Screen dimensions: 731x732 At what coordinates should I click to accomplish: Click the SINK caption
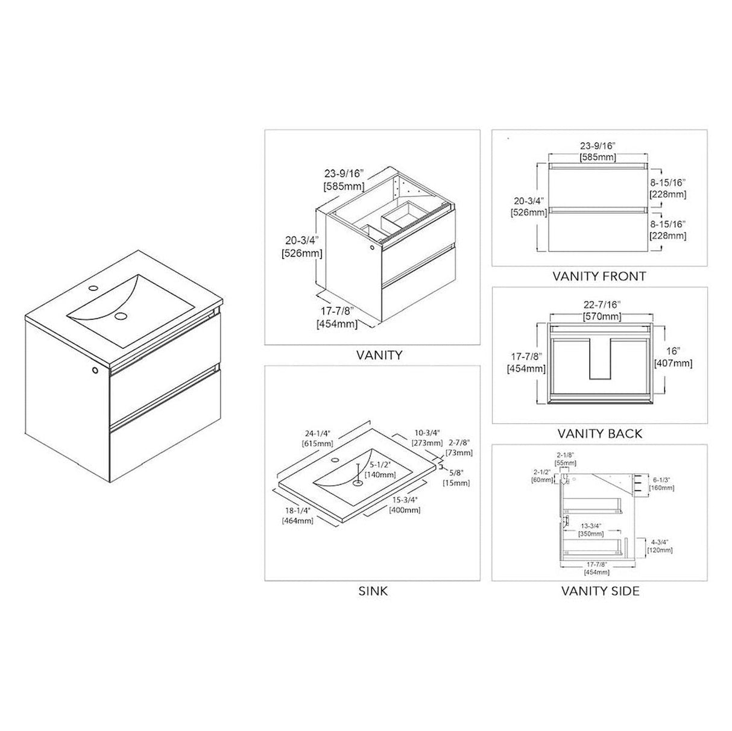[x=373, y=591]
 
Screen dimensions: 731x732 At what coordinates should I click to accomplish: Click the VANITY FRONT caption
[x=599, y=277]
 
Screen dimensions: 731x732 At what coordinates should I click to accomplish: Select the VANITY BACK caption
[x=600, y=433]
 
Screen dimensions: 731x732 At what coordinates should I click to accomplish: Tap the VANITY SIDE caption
[x=600, y=591]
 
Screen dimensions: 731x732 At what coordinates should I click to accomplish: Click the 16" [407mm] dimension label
[x=673, y=357]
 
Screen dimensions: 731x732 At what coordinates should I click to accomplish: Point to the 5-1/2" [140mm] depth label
[x=383, y=470]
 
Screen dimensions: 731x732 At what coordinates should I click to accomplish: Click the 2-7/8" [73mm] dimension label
[x=459, y=448]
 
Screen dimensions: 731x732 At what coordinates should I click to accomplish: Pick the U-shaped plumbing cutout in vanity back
[x=601, y=359]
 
